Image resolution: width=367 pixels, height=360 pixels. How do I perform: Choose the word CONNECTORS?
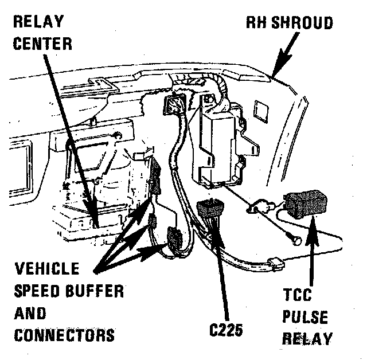[64, 334]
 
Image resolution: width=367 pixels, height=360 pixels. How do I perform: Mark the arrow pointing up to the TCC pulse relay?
[313, 252]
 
